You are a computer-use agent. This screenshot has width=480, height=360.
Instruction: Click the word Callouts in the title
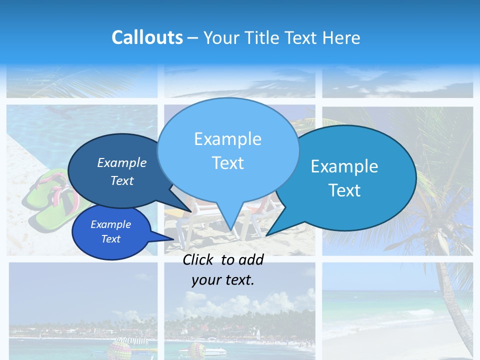tap(147, 37)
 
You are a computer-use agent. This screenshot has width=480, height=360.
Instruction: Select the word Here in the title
tap(341, 37)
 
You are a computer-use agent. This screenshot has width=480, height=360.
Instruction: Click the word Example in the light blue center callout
tap(227, 139)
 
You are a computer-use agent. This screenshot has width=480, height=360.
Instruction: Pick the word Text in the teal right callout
tap(344, 190)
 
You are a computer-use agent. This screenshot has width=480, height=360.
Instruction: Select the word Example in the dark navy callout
tap(121, 162)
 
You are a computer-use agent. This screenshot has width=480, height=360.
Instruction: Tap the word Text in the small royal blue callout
tap(110, 239)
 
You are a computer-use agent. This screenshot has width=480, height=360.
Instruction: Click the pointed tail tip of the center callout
tap(230, 230)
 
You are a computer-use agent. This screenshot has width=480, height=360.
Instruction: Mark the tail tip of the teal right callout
tap(266, 235)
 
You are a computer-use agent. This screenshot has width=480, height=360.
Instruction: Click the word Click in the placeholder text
tap(199, 259)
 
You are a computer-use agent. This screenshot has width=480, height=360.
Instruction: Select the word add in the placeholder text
tap(251, 259)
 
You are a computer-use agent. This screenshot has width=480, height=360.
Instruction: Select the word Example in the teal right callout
tap(344, 166)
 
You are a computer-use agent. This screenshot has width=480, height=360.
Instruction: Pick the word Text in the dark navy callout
tap(121, 180)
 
